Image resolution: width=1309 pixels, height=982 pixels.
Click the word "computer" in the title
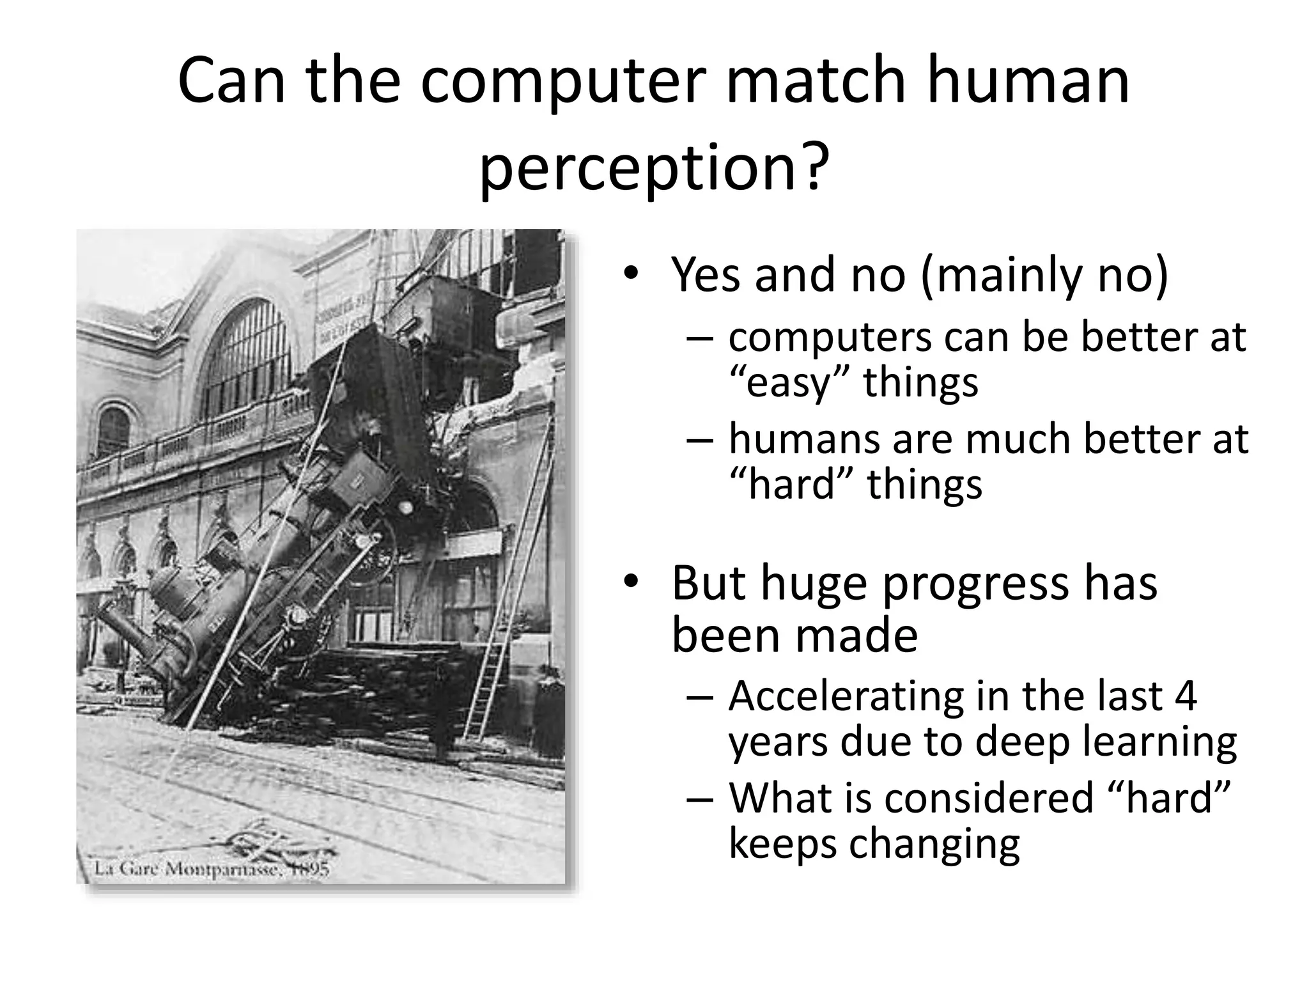coord(563,82)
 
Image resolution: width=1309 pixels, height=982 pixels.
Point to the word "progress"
coord(974,583)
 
